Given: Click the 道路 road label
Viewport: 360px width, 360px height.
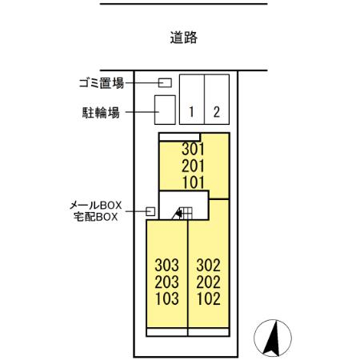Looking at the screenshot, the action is [184, 38].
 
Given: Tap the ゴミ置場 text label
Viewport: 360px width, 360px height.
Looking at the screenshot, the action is [102, 83].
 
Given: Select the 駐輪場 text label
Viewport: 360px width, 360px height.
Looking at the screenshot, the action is [101, 113].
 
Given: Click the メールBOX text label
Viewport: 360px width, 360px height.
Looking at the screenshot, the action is [95, 206].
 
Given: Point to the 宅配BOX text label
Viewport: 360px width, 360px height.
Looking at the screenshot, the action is [95, 217].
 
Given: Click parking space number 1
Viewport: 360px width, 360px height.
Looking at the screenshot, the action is [191, 112].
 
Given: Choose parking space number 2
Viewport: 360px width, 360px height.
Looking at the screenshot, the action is [217, 112].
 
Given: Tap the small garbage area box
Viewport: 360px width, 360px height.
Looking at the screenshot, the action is [165, 82].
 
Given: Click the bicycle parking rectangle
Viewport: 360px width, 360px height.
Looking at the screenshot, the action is [165, 110].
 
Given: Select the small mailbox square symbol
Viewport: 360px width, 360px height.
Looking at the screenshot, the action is [150, 211].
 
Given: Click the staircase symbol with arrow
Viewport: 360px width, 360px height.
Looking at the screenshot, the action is [182, 213].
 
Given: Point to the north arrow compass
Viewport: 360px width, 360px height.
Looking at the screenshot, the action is [273, 338].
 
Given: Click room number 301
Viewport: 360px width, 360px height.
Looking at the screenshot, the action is [193, 149].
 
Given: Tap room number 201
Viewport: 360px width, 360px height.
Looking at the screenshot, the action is [193, 166].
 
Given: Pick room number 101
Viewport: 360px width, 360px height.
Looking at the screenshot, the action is [194, 182].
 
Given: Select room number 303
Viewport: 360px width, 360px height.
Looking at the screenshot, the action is [167, 265].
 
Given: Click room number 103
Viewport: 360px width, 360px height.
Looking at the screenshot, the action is [167, 298].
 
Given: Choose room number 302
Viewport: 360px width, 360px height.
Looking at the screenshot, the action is [208, 265].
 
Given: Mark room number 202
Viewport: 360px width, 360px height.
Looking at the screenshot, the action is [208, 282].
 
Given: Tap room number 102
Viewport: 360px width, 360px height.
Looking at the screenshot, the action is [209, 298].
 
